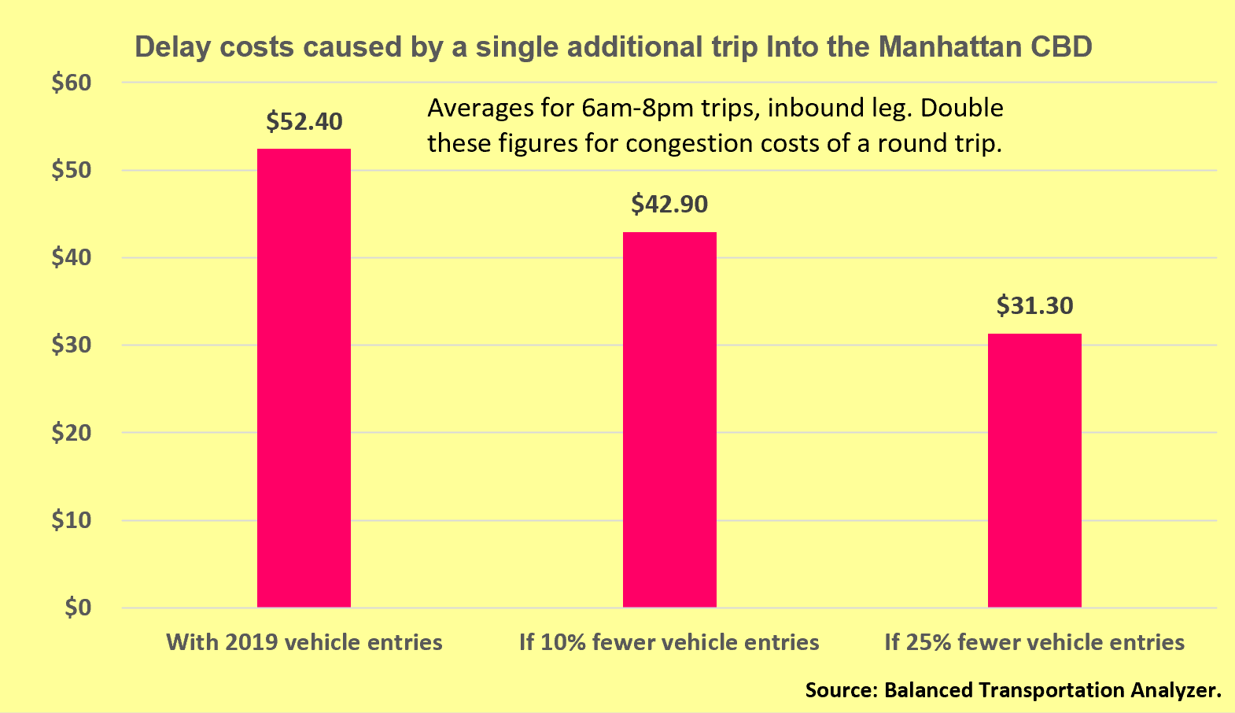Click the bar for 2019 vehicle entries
point(304,378)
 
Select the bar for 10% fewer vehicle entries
point(669,419)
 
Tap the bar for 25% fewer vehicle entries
point(1034,470)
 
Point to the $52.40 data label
point(304,122)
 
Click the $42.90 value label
point(669,205)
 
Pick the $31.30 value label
point(1034,305)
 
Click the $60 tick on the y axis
point(72,83)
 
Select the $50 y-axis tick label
point(72,171)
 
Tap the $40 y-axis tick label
point(72,258)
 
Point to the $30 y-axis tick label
point(72,345)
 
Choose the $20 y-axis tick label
point(72,433)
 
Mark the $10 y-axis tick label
point(72,520)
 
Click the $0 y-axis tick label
point(78,608)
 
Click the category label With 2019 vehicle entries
point(304,642)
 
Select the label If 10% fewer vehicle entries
point(669,642)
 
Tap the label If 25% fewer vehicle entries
point(1034,642)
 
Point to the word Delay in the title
point(172,47)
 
